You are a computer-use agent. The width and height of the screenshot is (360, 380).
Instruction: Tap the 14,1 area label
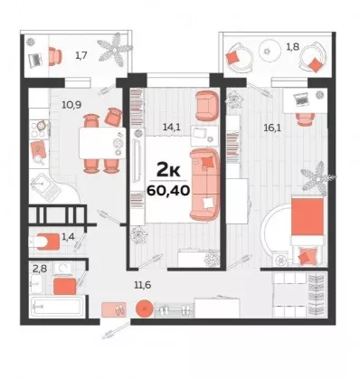click(171, 127)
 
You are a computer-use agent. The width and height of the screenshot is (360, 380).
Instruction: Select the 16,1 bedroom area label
click(272, 128)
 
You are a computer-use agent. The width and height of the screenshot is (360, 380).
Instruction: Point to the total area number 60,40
click(168, 191)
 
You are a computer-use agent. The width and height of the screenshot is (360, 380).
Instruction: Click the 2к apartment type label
click(168, 170)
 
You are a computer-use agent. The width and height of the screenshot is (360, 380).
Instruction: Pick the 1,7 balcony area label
click(81, 55)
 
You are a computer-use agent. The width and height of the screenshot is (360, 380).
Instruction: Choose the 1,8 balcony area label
click(293, 47)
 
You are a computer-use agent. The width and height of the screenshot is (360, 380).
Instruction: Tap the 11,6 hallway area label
click(143, 284)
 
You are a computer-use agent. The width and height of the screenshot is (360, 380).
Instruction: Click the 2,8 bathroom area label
click(40, 268)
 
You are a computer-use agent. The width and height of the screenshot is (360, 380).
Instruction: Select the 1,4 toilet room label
click(68, 237)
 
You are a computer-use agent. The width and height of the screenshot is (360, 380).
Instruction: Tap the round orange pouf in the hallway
click(145, 309)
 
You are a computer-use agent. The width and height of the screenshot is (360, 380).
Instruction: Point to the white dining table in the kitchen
click(102, 143)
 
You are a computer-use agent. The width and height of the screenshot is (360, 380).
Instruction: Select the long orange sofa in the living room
click(204, 184)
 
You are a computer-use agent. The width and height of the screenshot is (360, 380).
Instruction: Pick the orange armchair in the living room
click(207, 106)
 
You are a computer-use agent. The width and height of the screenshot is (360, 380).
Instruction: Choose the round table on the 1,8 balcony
click(268, 51)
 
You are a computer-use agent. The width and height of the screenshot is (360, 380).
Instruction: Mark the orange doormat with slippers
click(114, 309)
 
